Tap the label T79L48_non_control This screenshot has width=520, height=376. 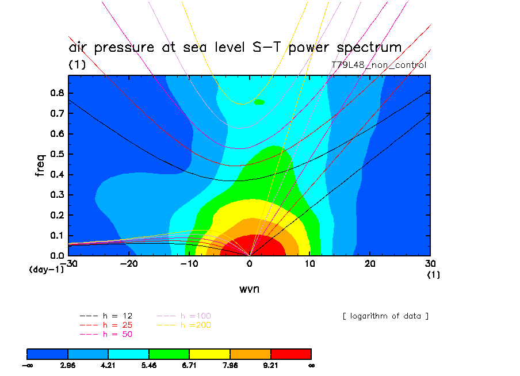tap(379, 65)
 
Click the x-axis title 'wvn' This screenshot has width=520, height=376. tap(249, 289)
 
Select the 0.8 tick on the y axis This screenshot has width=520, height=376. tap(58, 93)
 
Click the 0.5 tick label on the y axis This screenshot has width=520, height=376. tap(58, 154)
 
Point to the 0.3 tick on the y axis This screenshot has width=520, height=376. tap(58, 194)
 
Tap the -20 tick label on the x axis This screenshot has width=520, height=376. tap(129, 263)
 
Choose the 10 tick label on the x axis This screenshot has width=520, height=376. tap(310, 263)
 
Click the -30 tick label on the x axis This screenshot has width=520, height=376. tap(70, 263)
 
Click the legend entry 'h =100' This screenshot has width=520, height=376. tap(183, 316)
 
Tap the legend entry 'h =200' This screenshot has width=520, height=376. tap(183, 325)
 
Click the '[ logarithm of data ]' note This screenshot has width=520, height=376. tap(385, 316)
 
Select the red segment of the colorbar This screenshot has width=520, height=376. tap(290, 353)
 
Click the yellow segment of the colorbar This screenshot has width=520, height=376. tap(209, 353)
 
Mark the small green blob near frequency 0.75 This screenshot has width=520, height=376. tap(259, 102)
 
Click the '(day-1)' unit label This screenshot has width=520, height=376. tap(46, 269)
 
